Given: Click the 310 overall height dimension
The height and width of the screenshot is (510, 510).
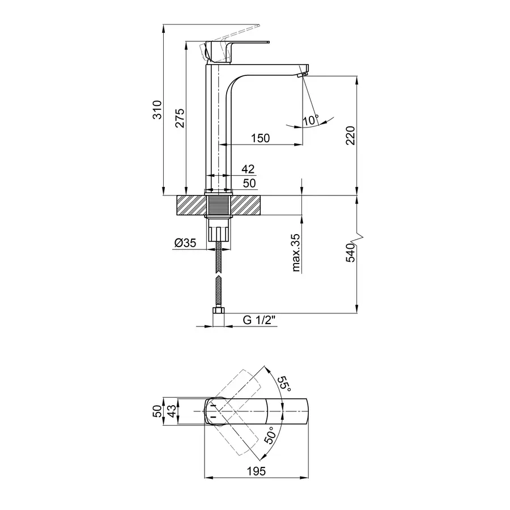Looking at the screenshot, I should (158, 109).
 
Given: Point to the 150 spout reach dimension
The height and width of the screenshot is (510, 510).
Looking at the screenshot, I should (261, 138).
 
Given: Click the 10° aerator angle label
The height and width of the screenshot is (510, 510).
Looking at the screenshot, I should (310, 120).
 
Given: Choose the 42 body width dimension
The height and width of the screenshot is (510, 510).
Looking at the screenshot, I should (248, 169).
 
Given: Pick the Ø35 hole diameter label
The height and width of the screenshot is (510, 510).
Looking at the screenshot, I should (185, 243).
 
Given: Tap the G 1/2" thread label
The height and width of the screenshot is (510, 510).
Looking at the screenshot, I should (260, 320).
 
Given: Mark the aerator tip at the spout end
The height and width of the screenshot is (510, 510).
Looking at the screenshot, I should (302, 73).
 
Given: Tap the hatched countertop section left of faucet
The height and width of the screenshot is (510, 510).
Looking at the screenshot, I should (190, 205).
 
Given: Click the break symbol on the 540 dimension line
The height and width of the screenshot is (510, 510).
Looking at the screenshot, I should (358, 235).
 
